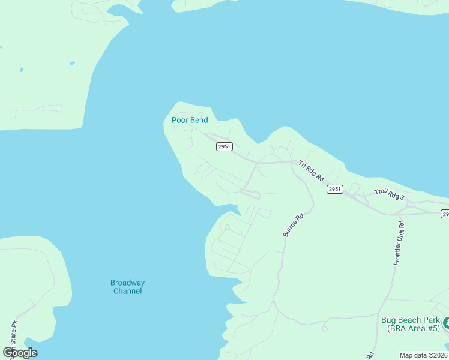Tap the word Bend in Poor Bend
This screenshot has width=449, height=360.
click(x=199, y=120)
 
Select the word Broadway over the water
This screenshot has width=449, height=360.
click(x=127, y=283)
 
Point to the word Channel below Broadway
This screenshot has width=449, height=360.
click(x=127, y=291)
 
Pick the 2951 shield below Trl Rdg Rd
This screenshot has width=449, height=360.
click(x=335, y=189)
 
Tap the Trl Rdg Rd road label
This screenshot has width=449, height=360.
click(x=311, y=170)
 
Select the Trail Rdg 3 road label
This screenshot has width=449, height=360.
click(x=390, y=195)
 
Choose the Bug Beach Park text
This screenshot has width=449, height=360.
click(x=411, y=320)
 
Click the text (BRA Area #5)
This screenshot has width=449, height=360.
click(x=411, y=328)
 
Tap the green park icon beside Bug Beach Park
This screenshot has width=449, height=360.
click(x=446, y=324)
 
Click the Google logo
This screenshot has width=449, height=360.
click(x=20, y=353)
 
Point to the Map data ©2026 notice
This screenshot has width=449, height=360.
click(x=424, y=355)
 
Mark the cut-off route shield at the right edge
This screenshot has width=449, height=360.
click(x=445, y=214)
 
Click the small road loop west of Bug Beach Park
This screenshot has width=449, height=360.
click(x=325, y=328)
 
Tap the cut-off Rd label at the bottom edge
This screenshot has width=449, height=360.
click(x=370, y=355)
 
